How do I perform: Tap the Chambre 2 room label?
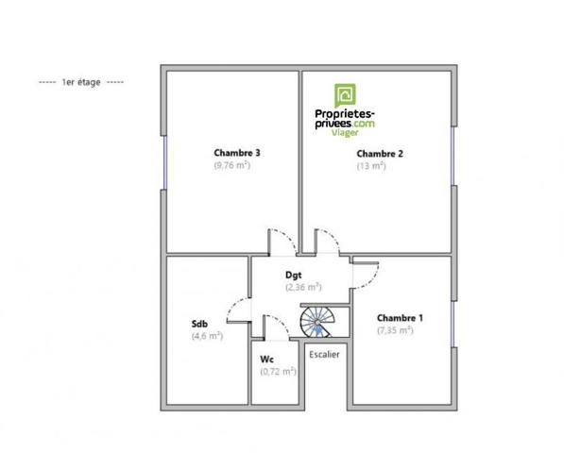click(x=380, y=153)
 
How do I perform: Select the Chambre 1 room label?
click(x=400, y=318)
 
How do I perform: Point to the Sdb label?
click(x=199, y=323)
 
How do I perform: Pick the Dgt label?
click(x=293, y=275)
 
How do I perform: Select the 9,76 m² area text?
click(x=231, y=165)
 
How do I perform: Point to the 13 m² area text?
click(x=371, y=166)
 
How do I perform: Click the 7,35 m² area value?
click(x=394, y=330)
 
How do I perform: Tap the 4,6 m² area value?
click(x=207, y=335)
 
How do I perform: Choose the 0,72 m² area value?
click(x=278, y=372)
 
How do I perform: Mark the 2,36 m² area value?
click(x=303, y=287)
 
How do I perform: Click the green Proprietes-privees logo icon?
click(x=346, y=95)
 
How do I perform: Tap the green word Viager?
click(x=345, y=134)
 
